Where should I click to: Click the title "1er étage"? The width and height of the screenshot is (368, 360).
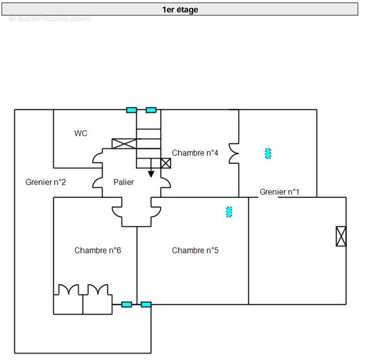coord(180,9)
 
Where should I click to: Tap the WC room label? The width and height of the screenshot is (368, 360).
coord(81,134)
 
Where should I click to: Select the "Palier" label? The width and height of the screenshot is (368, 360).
coord(124,182)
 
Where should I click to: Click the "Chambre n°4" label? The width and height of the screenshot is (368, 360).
coord(195,153)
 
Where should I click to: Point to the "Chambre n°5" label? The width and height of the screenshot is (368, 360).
coord(195,251)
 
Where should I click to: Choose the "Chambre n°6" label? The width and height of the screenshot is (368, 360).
coord(98,251)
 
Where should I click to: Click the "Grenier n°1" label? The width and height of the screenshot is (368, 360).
coord(279,192)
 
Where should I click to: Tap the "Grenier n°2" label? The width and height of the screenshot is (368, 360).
coord(45,182)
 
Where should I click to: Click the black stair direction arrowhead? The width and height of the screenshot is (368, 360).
coord(151,174)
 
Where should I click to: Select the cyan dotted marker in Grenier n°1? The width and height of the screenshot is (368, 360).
coord(268,153)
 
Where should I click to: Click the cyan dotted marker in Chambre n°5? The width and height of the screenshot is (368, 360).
coord(229,211)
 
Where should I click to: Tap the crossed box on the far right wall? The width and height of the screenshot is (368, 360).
coord(341,236)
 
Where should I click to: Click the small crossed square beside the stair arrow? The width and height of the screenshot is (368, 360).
coord(165,163)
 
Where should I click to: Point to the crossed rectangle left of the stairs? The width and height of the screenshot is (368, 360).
coord(124,144)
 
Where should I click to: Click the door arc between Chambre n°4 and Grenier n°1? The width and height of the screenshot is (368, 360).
coord(234,153)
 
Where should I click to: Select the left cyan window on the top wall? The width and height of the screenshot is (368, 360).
coord(132,110)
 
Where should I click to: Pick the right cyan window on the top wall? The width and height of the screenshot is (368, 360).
coord(151,110)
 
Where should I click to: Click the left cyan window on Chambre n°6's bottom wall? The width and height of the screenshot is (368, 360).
coord(126,304)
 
